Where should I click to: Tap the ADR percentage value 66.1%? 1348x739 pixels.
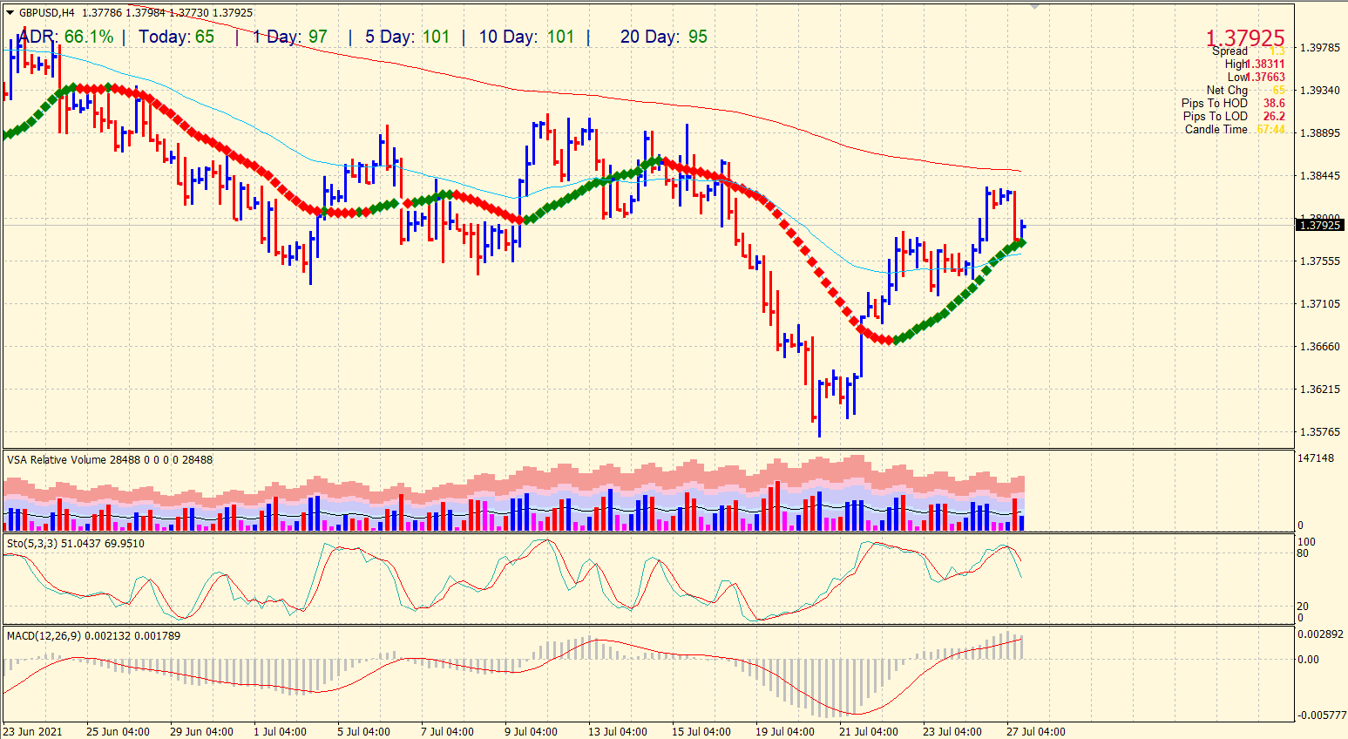point(89,37)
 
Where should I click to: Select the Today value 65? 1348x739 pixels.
point(205,37)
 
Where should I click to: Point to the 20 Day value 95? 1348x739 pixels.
point(697,37)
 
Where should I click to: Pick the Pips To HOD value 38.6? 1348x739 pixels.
point(1274,103)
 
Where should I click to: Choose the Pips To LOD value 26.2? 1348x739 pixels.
point(1274,116)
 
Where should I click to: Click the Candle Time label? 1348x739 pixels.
point(1216,129)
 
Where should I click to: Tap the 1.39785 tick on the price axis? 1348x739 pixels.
point(1319,48)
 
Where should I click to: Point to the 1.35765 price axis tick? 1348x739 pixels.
point(1319,432)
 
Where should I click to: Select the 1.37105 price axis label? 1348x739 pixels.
point(1319,304)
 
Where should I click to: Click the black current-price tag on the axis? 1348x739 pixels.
point(1320,225)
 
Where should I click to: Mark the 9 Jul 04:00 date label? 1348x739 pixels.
point(531,732)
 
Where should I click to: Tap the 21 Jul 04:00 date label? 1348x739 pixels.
point(868,732)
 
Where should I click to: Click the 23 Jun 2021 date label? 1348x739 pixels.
point(33,732)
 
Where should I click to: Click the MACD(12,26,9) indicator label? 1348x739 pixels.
point(44,635)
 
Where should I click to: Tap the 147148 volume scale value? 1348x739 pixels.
point(1315,458)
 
